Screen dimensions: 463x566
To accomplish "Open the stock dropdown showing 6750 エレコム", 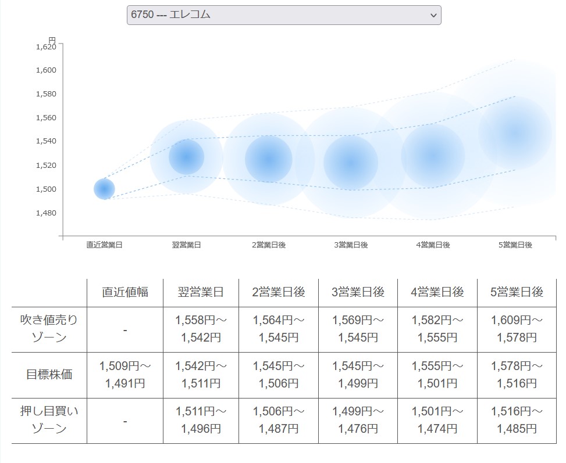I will point(284,15).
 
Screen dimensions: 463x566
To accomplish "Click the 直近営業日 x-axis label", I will point(104,245).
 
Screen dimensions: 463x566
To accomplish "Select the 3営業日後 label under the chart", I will point(351,245).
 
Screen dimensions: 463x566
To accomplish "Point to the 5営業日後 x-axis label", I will point(515,245).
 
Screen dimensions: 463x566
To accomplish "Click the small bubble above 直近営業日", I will point(104,189).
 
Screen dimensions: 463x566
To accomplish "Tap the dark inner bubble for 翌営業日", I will point(187,156).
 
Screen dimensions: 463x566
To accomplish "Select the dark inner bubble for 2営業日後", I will point(268,159).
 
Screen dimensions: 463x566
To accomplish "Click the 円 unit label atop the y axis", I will point(52,40).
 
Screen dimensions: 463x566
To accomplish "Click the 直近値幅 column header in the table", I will point(125,292).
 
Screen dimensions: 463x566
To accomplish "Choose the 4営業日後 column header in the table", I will point(437,292).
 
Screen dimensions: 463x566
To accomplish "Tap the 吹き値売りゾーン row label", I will point(49,329).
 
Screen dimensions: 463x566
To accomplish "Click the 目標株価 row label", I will point(49,375).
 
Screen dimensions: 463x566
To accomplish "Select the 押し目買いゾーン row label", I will point(49,420).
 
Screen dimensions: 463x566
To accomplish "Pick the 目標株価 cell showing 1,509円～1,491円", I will point(125,375).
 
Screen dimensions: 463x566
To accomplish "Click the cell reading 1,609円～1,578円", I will point(517,329).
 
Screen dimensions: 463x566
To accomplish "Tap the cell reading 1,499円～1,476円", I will point(358,420).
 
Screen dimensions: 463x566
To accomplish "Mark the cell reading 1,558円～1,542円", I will point(201,329).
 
